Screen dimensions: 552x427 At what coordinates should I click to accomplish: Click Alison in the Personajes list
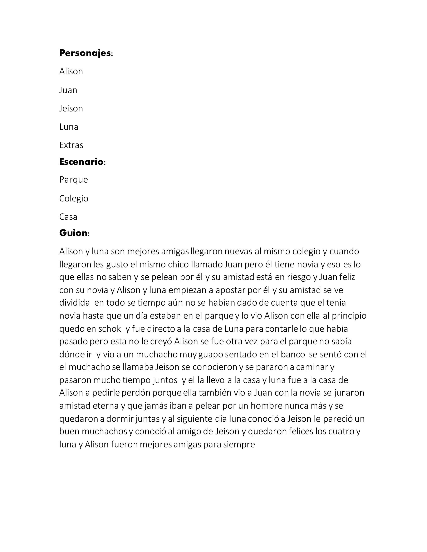click(x=71, y=71)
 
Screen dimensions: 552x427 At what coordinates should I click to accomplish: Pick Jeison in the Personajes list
click(x=71, y=109)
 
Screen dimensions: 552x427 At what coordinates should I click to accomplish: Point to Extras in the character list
click(x=71, y=145)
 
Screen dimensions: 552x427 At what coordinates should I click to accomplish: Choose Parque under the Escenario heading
click(x=74, y=180)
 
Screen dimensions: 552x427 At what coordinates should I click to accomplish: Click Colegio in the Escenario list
click(x=74, y=198)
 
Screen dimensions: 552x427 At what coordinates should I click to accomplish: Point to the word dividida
click(x=74, y=303)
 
